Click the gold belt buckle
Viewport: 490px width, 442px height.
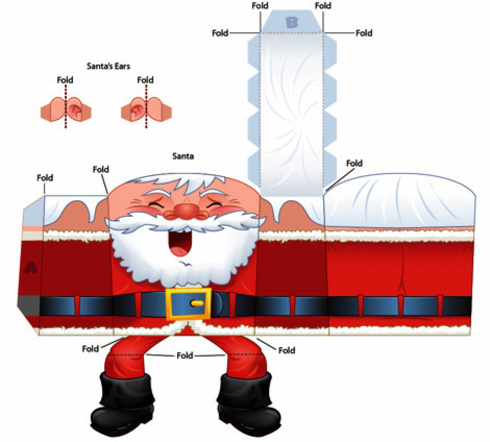click(188, 303)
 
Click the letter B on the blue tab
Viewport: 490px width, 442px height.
click(292, 22)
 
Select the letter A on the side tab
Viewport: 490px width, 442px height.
click(31, 268)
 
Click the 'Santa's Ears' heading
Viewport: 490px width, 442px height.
click(108, 66)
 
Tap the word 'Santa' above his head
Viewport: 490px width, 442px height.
click(183, 155)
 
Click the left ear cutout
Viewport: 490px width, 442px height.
click(66, 109)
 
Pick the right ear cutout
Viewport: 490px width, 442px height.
click(146, 109)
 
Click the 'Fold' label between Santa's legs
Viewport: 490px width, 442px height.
click(185, 355)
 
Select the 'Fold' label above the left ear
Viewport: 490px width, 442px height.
click(65, 80)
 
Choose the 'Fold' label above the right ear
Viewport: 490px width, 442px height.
click(145, 80)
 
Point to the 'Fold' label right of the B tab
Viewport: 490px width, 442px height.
click(364, 33)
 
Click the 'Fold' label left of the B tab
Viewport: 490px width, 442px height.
click(220, 33)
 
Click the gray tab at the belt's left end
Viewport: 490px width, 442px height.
click(25, 303)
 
